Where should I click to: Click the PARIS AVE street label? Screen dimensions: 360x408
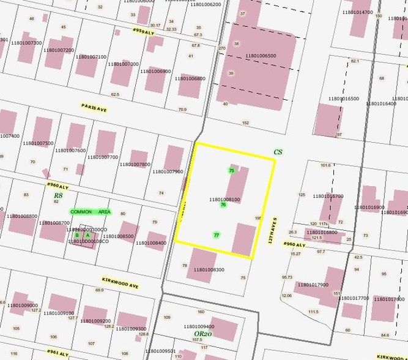[x=94, y=106]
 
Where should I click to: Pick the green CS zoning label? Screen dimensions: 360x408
[x=278, y=151]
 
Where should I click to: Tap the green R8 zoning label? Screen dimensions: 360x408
[x=58, y=195]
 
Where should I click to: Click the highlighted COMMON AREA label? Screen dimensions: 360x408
[x=91, y=212]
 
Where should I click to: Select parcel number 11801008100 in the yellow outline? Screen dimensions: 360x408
[x=224, y=199]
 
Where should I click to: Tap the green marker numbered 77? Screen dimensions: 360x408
[x=217, y=235]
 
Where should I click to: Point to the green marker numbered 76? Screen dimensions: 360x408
[x=223, y=205]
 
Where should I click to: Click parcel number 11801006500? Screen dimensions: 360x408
[x=261, y=56]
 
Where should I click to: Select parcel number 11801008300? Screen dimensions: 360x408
[x=209, y=269]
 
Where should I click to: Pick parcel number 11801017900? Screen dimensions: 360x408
[x=313, y=285]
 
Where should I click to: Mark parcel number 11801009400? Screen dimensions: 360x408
[x=198, y=326]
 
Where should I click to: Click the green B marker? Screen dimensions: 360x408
[x=77, y=234]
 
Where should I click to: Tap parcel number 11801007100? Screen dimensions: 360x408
[x=91, y=57]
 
